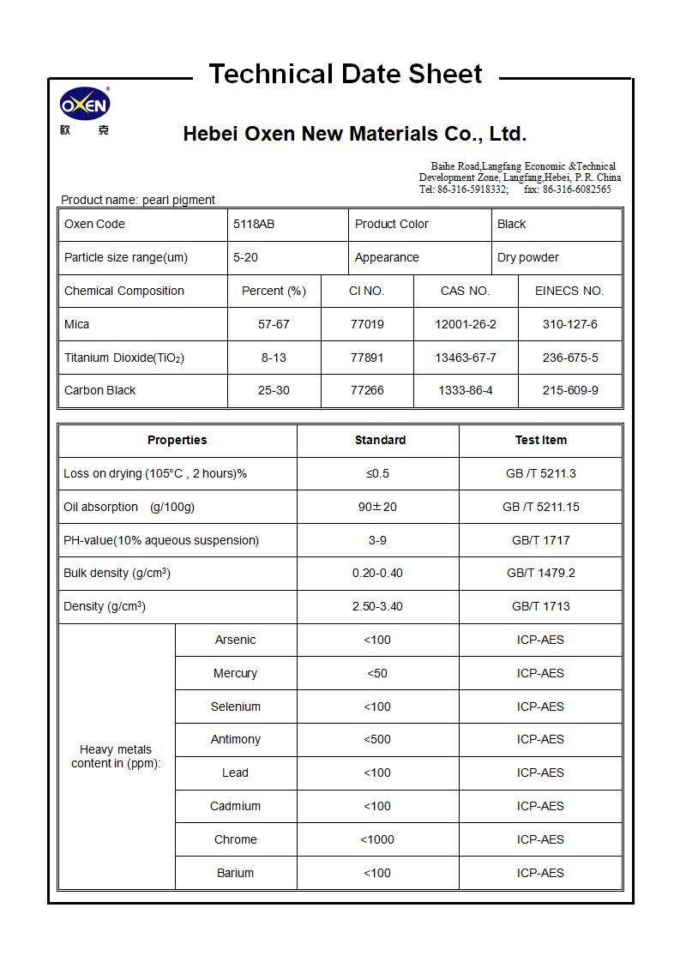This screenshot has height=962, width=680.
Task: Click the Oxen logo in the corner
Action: (x=85, y=106)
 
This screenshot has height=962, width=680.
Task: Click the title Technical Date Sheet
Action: (x=346, y=74)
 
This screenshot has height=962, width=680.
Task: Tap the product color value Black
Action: (x=511, y=224)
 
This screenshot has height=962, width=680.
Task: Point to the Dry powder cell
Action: (x=527, y=257)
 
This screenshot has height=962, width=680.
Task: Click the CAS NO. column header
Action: (x=465, y=291)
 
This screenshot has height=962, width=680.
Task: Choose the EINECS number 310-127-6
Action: (x=569, y=324)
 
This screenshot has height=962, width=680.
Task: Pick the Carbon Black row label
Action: (x=100, y=390)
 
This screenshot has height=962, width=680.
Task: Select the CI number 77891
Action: (x=367, y=358)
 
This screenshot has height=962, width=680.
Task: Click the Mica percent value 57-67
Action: (x=274, y=324)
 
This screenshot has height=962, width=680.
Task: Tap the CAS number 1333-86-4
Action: (x=465, y=390)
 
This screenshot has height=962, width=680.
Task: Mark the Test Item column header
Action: (x=540, y=440)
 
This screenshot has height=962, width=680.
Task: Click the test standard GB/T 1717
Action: (x=540, y=540)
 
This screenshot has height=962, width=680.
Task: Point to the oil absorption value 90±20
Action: (x=377, y=507)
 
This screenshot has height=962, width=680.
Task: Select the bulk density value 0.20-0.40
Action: (x=377, y=573)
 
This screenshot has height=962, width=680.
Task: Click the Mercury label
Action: (x=235, y=673)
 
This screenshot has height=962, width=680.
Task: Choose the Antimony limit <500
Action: (x=377, y=739)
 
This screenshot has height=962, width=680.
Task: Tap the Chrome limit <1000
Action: (x=377, y=839)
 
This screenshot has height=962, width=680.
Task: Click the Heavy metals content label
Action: (x=116, y=756)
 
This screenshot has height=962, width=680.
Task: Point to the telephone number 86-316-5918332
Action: (x=472, y=189)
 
